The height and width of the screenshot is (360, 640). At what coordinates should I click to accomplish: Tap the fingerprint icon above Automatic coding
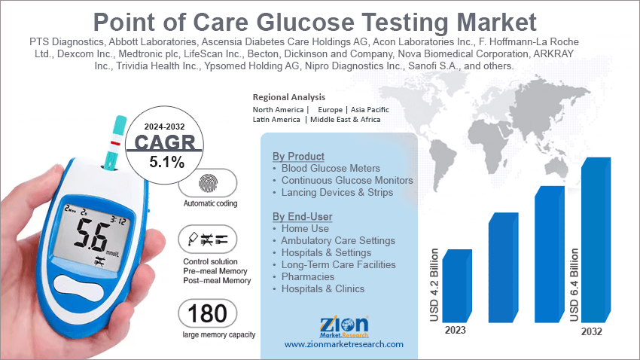[x=208, y=184]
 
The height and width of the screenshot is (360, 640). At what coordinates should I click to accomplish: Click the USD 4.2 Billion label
[x=434, y=285]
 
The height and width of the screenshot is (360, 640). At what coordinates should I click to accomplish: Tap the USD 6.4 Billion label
[x=574, y=280]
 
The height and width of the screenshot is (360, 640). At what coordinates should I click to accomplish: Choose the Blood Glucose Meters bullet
[x=331, y=168]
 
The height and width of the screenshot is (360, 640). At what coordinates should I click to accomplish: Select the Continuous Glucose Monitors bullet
[x=347, y=181]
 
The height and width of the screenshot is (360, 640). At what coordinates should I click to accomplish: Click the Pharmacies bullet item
[x=307, y=276]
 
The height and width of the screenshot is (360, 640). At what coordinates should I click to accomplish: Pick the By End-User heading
[x=302, y=217]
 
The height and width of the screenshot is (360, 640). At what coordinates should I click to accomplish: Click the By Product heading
[x=298, y=156]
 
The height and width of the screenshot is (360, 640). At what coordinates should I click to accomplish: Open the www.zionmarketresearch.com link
[x=343, y=344]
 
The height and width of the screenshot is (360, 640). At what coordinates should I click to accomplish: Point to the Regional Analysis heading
[x=289, y=97]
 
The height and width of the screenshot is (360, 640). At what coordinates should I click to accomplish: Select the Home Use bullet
[x=305, y=228]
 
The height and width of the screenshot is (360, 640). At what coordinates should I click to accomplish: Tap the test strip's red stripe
[x=115, y=142]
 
